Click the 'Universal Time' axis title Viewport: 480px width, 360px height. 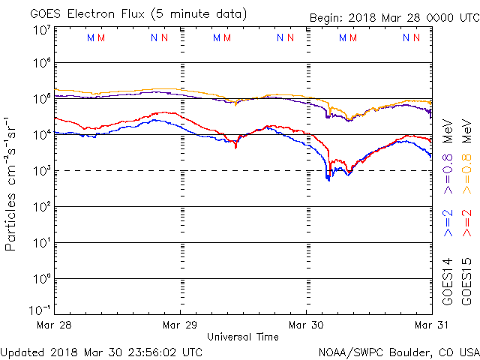pos(243,337)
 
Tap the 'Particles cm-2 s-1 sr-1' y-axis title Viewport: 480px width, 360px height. pos(13,183)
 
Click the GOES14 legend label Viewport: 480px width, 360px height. pos(448,280)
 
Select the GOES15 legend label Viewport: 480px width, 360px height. pos(466,280)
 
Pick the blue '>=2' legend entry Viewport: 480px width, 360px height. pos(448,223)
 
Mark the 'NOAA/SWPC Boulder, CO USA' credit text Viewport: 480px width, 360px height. pos(398,351)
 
